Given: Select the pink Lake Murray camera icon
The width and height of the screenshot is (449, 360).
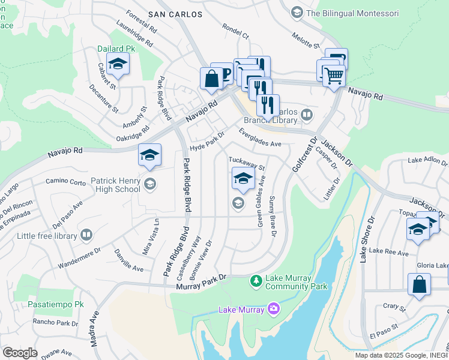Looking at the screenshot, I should click(274, 308).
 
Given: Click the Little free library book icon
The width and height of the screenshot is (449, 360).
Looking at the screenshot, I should click(86, 236).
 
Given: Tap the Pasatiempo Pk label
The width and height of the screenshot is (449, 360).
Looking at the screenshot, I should click(55, 305).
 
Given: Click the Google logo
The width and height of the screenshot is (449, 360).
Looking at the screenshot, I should click(20, 352).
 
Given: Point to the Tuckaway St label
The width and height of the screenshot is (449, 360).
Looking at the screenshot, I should click(247, 163).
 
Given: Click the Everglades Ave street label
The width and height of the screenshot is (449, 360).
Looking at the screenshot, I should click(260, 140).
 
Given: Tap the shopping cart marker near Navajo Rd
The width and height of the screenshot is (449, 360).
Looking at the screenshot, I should click(334, 76).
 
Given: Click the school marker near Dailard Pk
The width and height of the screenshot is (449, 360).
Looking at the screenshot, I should click(118, 65).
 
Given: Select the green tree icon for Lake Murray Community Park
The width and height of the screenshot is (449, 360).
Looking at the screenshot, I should click(256, 281).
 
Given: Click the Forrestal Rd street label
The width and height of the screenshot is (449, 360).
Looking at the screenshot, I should click(142, 22).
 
